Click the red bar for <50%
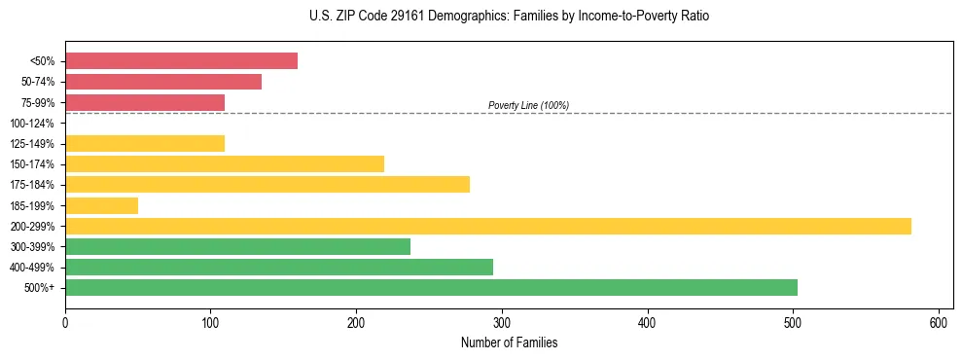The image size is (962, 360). point(181,61)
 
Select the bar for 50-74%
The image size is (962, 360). point(163,82)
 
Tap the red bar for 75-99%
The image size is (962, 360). point(145,102)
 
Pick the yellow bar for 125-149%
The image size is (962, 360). point(145,144)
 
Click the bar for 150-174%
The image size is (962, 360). point(225,164)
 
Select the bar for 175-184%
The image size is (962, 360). point(267,185)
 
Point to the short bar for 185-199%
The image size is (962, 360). point(102,205)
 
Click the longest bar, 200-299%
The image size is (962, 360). point(488,226)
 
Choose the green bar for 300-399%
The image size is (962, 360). point(238,246)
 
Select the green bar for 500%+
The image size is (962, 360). point(431,287)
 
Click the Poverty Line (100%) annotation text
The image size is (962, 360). point(528,105)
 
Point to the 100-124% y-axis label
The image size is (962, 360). point(32,124)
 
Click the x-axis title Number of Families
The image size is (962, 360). point(509,342)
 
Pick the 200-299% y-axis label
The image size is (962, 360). point(32,227)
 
